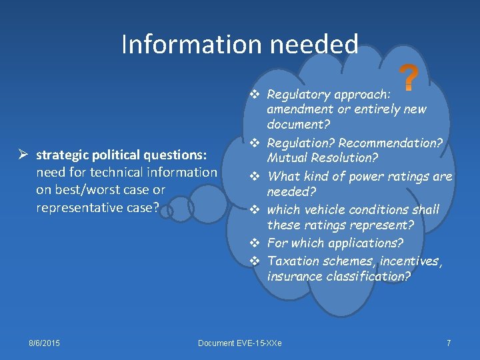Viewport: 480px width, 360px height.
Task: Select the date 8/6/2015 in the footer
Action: click(44, 343)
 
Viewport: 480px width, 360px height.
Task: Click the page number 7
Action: click(449, 343)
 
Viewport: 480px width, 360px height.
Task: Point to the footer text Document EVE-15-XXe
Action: click(240, 343)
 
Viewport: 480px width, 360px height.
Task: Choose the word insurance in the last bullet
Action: click(294, 277)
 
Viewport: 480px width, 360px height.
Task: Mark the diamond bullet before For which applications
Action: click(255, 243)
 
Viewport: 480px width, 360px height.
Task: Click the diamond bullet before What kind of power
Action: click(255, 177)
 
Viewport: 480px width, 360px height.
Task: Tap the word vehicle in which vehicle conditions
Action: click(323, 210)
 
